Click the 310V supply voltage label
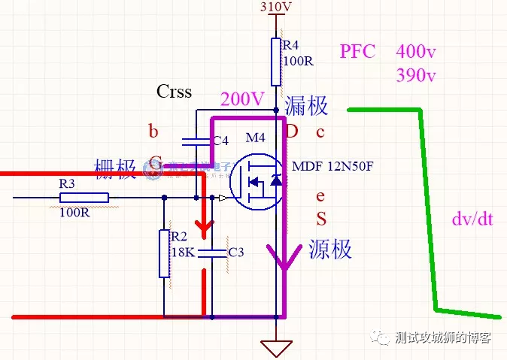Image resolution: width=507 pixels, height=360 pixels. point(275,8)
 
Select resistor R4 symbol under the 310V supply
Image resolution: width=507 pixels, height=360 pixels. point(276,62)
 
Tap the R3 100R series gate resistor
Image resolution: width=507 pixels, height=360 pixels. point(83,198)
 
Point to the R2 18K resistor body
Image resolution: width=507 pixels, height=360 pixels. point(164,253)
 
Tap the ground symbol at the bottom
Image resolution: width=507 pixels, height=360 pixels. point(276,348)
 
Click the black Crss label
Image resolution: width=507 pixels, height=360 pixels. point(174,92)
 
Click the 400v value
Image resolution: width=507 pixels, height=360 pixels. point(416,52)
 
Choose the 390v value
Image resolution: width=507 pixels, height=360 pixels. point(416,76)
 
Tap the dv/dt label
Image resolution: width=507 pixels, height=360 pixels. point(472,220)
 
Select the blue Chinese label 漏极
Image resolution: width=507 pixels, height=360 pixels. point(307,106)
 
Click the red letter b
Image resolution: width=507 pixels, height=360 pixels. point(153,133)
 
